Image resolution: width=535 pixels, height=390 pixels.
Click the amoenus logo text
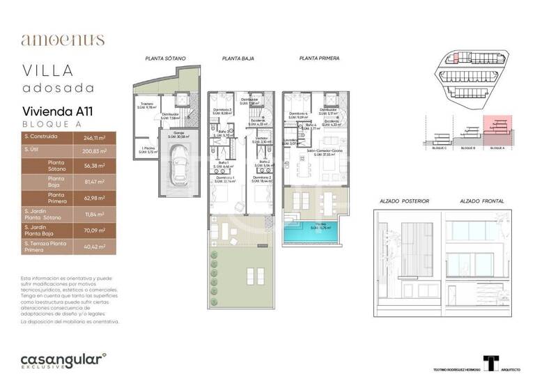[x=63, y=40]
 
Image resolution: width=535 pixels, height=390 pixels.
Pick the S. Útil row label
[x=31, y=150]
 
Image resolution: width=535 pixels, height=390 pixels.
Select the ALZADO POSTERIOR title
[x=404, y=201]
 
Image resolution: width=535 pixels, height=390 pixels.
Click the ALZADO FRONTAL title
[x=481, y=201]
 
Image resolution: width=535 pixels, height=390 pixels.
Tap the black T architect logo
[x=492, y=364]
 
